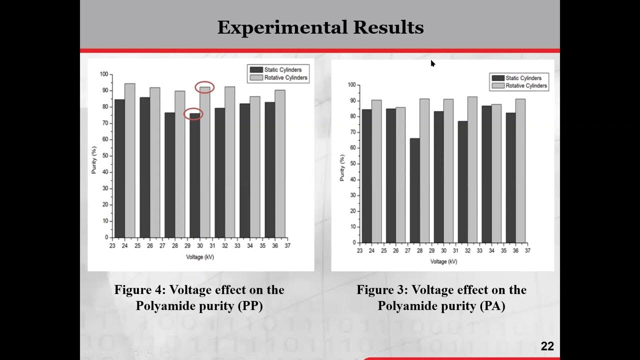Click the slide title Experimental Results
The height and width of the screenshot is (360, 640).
[x=320, y=27]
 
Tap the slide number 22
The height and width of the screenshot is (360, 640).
[x=547, y=346]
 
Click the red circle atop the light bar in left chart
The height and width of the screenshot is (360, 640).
[x=204, y=87]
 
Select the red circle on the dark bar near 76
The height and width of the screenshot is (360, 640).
[x=193, y=114]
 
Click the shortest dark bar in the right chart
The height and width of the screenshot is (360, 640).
[x=414, y=190]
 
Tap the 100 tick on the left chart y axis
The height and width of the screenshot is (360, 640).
[x=103, y=74]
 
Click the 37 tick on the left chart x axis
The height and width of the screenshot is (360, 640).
[x=287, y=245]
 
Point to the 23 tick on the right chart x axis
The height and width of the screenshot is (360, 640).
[x=359, y=250]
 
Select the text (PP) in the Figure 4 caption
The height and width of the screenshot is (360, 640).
[x=250, y=306]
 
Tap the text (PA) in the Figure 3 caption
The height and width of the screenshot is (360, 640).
[x=492, y=306]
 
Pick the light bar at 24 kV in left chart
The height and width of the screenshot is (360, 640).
[x=129, y=160]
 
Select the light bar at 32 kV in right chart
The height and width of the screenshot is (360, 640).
[x=472, y=169]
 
